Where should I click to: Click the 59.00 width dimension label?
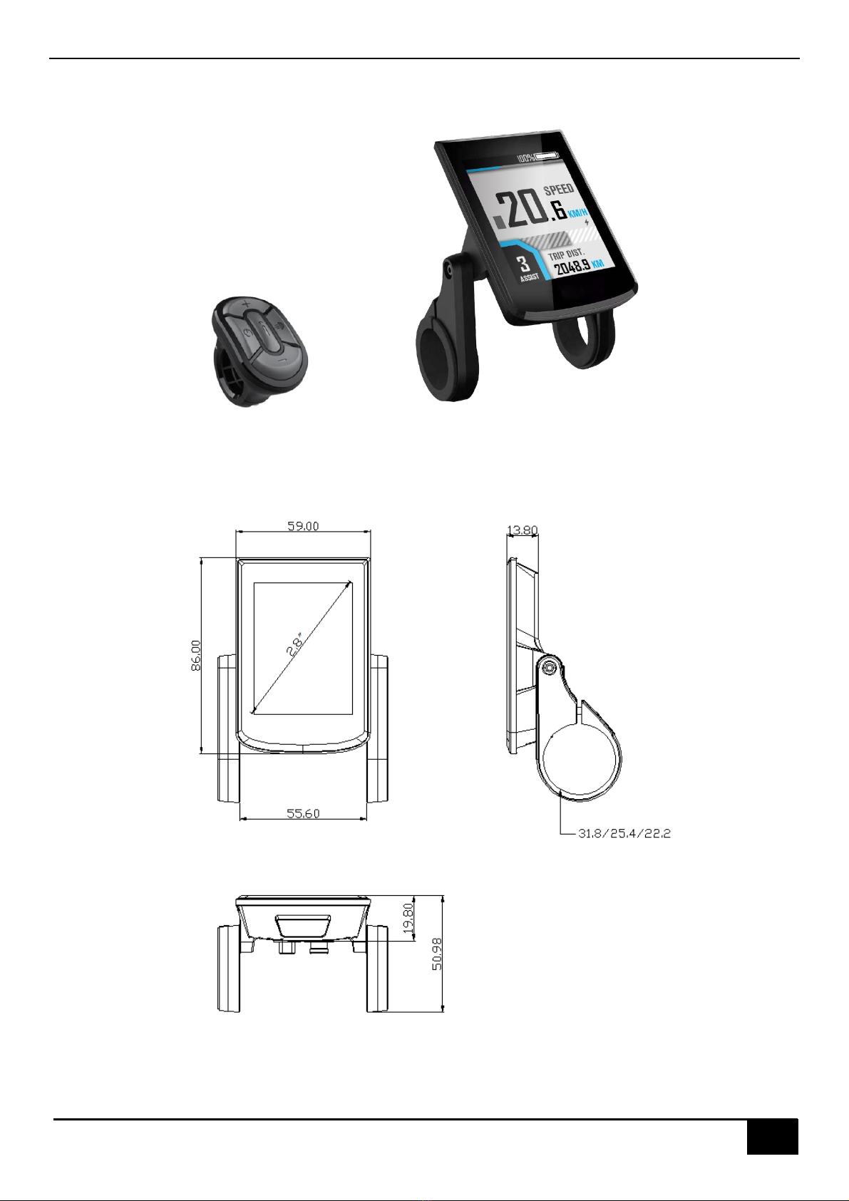pos(303,526)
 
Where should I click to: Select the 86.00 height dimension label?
pos(196,655)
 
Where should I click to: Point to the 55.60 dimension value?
pos(303,813)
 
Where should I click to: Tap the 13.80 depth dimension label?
pos(523,530)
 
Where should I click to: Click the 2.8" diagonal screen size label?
pos(295,644)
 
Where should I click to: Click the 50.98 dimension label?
pos(437,954)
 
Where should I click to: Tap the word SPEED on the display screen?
pos(559,190)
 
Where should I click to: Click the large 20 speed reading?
pos(519,209)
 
